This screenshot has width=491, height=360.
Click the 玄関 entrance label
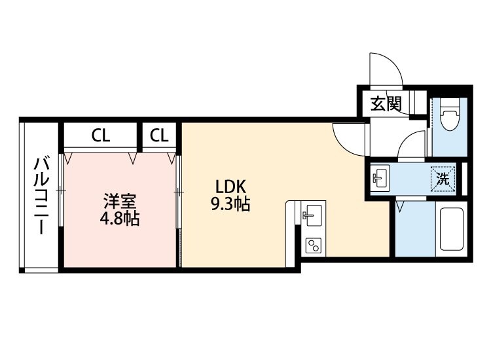pos(385,103)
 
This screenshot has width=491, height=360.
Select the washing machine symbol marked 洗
pos(443,178)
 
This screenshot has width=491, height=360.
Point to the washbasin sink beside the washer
pos(380,177)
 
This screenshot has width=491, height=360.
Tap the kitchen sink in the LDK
pos(311,214)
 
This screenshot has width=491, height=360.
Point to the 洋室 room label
pos(118,199)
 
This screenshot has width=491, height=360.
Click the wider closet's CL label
pos(100,136)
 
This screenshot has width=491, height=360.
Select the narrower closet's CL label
pos(159,136)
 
